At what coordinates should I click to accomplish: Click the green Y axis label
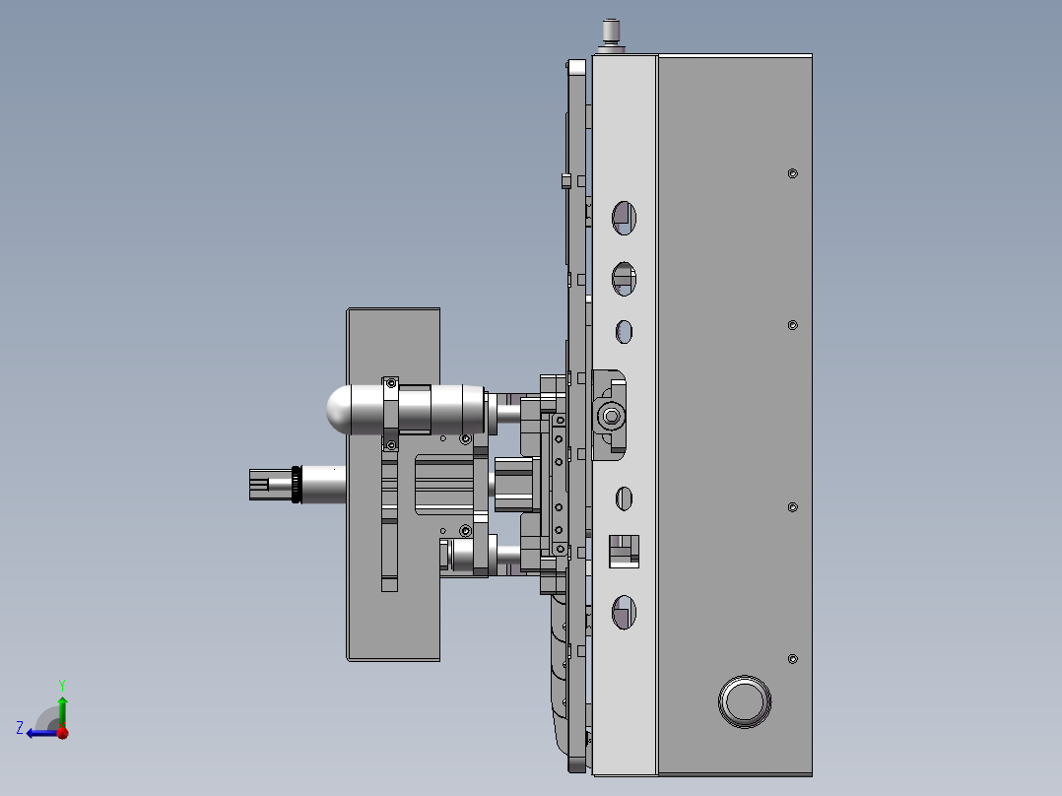pos(62,685)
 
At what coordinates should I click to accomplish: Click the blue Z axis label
pos(20,728)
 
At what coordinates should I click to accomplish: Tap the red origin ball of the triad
pos(63,732)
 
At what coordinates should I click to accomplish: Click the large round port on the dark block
pos(745,701)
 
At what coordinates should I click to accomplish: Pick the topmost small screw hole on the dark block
pos(792,173)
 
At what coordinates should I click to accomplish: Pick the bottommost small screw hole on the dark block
pos(792,658)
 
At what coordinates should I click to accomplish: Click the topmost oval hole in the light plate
pos(624,218)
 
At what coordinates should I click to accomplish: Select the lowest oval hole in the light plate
pos(624,613)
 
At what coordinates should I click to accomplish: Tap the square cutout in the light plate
pos(624,552)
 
